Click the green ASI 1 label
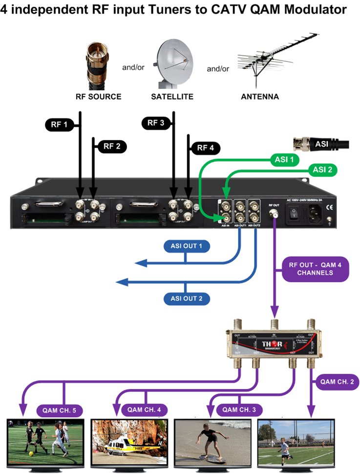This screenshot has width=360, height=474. pos(283,159)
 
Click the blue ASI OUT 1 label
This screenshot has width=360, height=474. pos(186,246)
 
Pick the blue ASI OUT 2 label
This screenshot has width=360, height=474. pos(186,298)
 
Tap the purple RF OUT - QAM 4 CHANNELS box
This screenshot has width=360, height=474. pos(315,269)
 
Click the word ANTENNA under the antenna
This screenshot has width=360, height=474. pos(260,97)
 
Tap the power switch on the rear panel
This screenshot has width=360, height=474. pos(295,213)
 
